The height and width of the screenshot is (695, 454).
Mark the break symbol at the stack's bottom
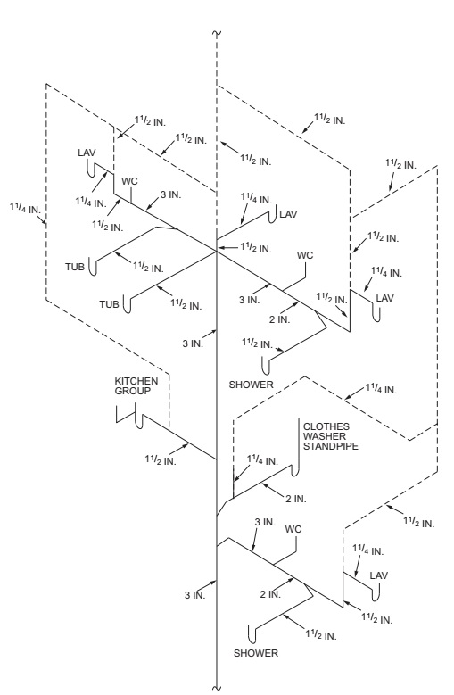click(218, 685)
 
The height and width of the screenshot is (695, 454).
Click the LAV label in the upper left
click(87, 153)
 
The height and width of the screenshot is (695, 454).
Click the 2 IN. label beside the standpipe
click(298, 495)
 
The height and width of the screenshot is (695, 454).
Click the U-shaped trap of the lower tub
click(131, 304)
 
